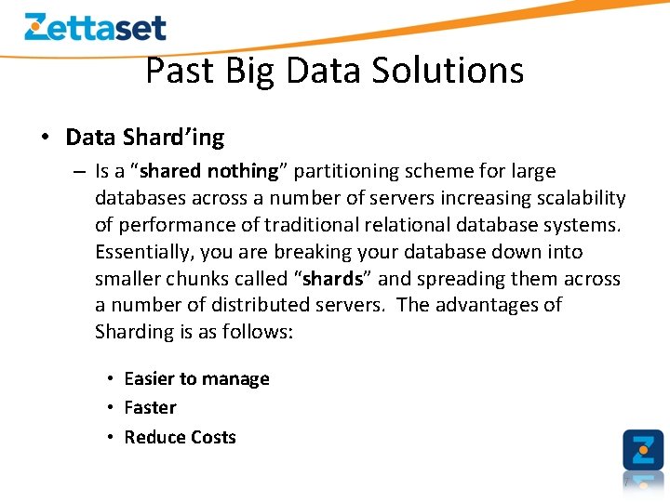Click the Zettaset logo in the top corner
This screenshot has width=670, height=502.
click(x=95, y=27)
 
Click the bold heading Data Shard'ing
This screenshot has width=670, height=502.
click(x=144, y=138)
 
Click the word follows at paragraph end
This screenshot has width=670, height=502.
click(x=255, y=332)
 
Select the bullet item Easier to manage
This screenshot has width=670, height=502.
click(x=196, y=379)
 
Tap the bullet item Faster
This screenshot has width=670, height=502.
click(x=150, y=408)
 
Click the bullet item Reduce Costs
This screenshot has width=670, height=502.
click(x=180, y=437)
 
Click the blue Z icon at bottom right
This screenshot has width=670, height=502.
click(x=643, y=450)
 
